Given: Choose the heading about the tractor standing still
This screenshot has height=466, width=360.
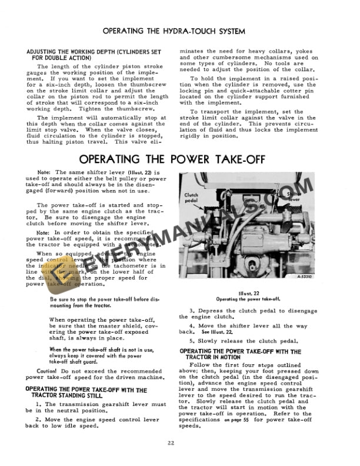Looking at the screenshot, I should (86, 392).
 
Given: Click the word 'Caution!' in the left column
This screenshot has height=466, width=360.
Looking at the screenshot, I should (48, 372).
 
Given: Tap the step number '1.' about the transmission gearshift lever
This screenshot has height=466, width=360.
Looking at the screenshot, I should (39, 404).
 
